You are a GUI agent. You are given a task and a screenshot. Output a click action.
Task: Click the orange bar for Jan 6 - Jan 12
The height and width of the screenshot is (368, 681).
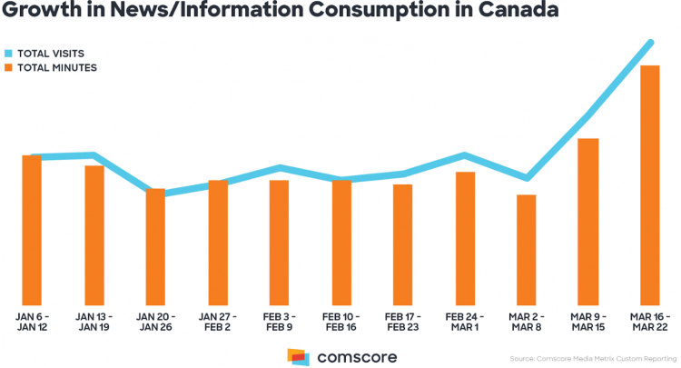point(32,231)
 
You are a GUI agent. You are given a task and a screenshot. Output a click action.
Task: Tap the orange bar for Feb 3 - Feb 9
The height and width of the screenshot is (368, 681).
point(279,243)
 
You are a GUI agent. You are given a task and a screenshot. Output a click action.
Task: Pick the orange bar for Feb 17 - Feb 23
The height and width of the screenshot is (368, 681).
point(402,245)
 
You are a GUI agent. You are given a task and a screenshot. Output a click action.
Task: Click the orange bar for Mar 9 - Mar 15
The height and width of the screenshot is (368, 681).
point(587,222)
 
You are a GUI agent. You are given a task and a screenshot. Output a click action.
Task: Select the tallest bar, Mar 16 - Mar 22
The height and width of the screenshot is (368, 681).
point(649,185)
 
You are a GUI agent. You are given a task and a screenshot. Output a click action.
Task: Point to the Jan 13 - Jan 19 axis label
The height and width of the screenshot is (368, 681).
point(94,321)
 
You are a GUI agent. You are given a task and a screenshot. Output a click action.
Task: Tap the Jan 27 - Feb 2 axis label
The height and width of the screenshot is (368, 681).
point(217,321)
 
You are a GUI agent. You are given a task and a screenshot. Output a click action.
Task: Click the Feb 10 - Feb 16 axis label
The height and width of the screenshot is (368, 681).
point(340,321)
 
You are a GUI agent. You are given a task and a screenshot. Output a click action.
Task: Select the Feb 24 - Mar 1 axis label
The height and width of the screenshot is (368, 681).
point(464,321)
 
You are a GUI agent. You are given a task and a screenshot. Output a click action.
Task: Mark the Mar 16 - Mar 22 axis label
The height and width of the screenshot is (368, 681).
point(649,321)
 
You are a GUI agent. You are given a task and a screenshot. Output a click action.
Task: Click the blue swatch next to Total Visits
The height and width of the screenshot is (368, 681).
point(9,54)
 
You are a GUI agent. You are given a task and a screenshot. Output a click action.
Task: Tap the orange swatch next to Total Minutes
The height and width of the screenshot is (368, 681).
point(9,67)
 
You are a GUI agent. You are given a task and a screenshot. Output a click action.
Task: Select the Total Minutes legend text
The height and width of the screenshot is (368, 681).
point(57,67)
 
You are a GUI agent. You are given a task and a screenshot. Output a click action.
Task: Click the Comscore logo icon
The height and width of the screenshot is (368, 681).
point(298,356)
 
